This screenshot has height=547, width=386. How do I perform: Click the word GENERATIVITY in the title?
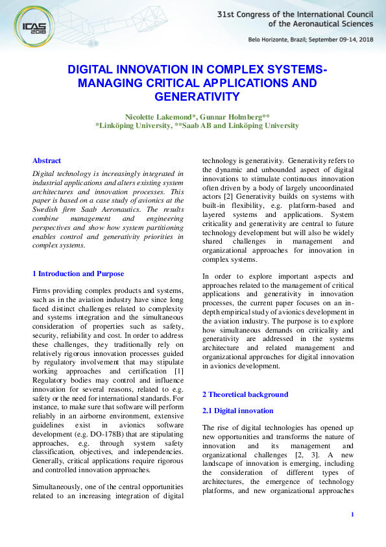point(197,97)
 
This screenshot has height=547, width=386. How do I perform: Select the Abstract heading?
point(47,160)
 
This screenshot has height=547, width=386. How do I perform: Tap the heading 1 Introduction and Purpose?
point(78,273)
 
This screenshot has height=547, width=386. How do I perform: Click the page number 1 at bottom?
point(352,515)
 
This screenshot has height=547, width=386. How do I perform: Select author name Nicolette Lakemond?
point(161,116)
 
